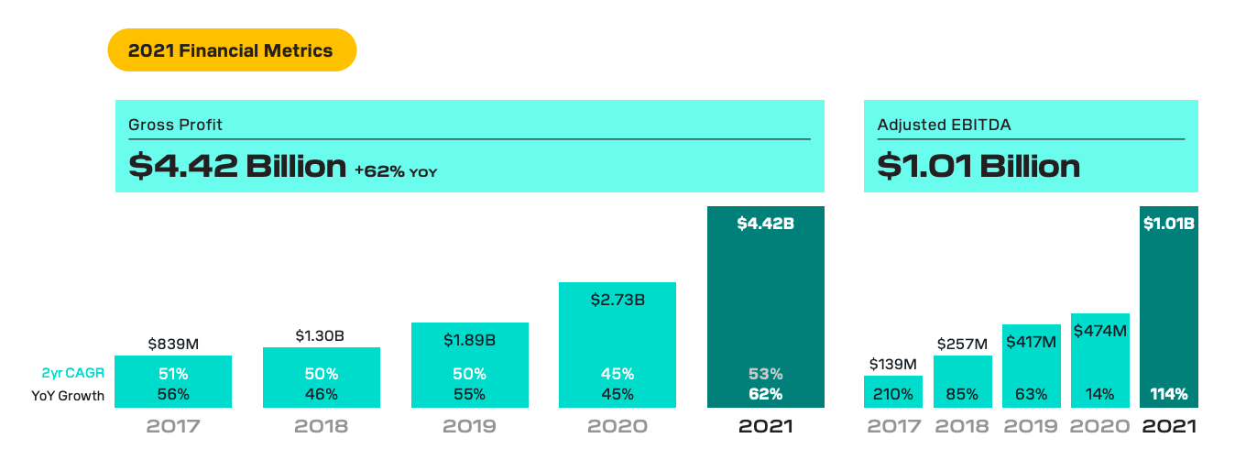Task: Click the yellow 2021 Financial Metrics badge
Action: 231,50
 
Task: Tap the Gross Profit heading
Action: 175,125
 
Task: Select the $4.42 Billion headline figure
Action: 237,166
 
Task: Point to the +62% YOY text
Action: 395,170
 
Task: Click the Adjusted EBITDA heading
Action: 930,125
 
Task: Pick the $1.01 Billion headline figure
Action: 978,166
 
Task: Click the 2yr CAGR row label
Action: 74,374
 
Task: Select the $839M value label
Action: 173,345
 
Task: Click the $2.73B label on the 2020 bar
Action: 618,299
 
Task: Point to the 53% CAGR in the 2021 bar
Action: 765,374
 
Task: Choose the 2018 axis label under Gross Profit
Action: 322,427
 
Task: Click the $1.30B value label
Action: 322,336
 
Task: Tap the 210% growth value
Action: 892,395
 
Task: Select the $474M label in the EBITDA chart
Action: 1099,330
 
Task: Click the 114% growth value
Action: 1168,395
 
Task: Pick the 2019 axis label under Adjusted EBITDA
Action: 1031,427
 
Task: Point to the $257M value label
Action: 962,345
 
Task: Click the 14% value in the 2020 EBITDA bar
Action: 1099,395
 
